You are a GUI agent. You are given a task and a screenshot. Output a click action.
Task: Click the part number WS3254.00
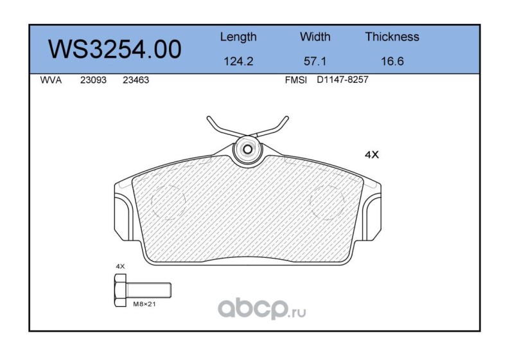[x=115, y=50]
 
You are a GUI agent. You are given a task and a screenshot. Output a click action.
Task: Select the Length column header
[x=238, y=37]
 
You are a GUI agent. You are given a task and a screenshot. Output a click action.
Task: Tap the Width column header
[x=315, y=37]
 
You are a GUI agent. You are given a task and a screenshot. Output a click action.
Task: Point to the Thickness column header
[x=392, y=37]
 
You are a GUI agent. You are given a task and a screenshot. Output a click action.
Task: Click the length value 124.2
[x=238, y=63]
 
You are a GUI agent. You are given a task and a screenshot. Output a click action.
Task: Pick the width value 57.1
[x=315, y=63]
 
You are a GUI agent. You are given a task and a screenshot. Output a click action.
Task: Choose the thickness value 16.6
[x=392, y=63]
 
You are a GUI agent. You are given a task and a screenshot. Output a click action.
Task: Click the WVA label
[x=50, y=82]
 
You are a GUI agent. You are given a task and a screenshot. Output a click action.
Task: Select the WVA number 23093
[x=92, y=82]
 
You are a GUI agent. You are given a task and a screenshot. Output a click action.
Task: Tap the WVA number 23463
[x=136, y=82]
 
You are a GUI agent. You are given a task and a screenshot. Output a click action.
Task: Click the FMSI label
[x=296, y=82]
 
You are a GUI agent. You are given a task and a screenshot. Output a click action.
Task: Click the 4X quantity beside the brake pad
[x=372, y=155]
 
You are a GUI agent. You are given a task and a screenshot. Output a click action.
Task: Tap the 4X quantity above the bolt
[x=119, y=265]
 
